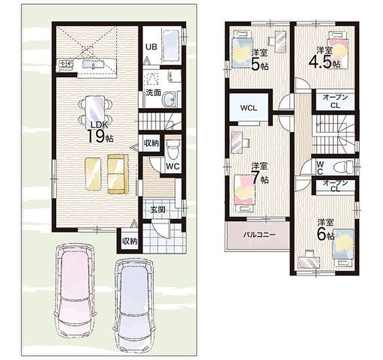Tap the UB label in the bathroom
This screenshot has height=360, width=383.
click(151, 47)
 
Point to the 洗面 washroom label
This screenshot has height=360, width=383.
click(153, 93)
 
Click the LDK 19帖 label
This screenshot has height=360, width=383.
click(100, 133)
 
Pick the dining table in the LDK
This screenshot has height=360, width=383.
click(95, 111)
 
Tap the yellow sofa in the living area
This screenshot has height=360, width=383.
click(118, 174)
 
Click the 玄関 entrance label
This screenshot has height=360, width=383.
click(158, 210)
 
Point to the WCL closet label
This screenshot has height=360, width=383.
click(249, 108)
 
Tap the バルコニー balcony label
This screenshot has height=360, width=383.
click(259, 235)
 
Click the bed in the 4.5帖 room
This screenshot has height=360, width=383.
click(338, 50)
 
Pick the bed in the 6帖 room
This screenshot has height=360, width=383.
click(343, 246)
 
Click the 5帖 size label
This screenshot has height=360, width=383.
click(260, 65)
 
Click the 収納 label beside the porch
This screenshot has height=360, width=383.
click(130, 241)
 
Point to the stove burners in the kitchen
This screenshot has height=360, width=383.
click(66, 65)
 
